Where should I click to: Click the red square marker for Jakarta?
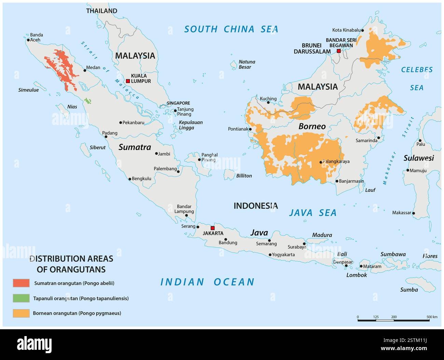click(x=212, y=228)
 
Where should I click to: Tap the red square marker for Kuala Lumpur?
click(x=128, y=81)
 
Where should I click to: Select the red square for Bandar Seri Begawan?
click(x=338, y=51)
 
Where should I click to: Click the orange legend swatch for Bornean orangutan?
click(x=21, y=313)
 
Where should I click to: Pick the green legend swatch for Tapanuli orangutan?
click(x=21, y=298)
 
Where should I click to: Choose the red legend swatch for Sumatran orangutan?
click(x=21, y=283)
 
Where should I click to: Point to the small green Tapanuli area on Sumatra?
click(x=88, y=101)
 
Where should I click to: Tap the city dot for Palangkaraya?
click(x=321, y=162)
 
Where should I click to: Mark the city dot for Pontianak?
click(x=250, y=129)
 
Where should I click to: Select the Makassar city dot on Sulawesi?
click(x=413, y=213)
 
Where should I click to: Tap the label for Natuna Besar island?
click(x=247, y=65)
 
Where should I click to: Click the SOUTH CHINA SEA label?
click(x=231, y=29)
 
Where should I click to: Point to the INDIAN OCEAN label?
click(x=207, y=282)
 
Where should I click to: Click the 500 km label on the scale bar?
click(x=432, y=317)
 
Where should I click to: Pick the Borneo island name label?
click(x=312, y=126)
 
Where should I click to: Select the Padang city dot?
click(x=106, y=137)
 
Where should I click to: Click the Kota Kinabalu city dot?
click(x=362, y=30)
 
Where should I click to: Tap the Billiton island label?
click(x=244, y=176)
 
